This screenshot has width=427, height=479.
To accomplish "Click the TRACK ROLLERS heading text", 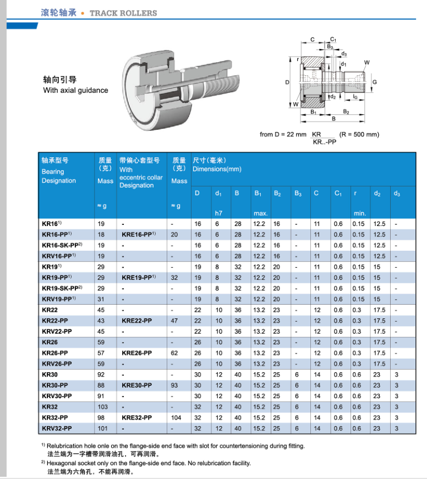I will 123,13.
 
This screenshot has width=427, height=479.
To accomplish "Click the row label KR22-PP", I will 55,321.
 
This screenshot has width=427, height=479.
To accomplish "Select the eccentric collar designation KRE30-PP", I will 136,386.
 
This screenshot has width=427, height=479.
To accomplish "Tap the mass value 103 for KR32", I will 103,407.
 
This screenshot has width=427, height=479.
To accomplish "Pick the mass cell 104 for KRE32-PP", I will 176,418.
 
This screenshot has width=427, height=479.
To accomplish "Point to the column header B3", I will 298,194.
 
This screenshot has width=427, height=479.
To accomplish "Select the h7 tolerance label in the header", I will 218,213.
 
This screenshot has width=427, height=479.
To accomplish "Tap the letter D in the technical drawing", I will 287,82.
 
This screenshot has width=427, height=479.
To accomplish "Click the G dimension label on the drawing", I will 375,82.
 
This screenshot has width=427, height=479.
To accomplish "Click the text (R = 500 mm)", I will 359,135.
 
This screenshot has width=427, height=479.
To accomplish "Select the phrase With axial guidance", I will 75,91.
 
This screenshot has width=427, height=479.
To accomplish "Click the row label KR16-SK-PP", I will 61,245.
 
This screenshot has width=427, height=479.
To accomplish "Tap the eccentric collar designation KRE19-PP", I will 138,278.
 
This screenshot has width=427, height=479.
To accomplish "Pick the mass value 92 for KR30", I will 101,375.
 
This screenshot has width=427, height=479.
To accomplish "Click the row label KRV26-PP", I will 57,364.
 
